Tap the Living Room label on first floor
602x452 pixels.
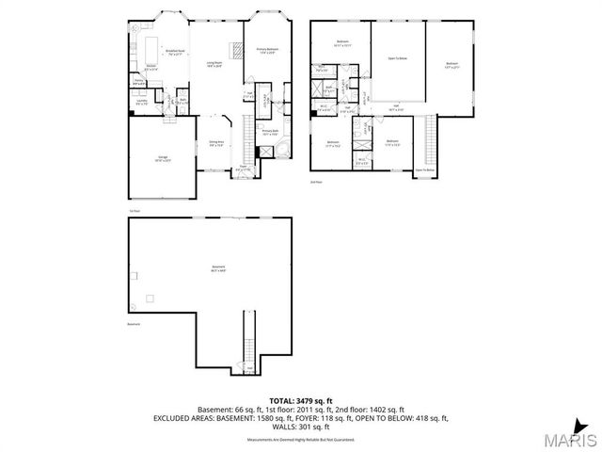(x=215, y=64)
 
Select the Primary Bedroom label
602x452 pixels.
(x=267, y=50)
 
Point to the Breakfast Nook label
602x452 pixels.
(x=174, y=52)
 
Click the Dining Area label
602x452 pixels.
(x=215, y=144)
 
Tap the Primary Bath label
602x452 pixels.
(x=270, y=132)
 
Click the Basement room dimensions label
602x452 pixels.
(x=219, y=269)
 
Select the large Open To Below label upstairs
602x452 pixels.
(x=398, y=58)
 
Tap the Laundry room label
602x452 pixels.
(x=140, y=100)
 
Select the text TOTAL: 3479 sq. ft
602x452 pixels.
(x=301, y=401)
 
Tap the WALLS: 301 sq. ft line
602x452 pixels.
(x=301, y=426)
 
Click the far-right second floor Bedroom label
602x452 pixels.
(x=451, y=64)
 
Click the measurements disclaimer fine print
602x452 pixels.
(x=301, y=440)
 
